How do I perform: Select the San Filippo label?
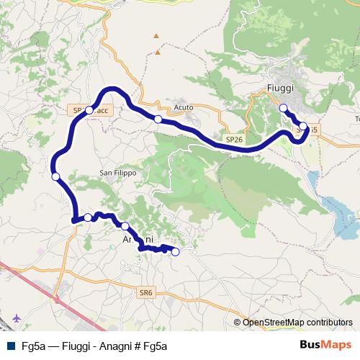point(117,173)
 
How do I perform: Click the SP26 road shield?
point(233,138)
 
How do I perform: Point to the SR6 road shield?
point(146,292)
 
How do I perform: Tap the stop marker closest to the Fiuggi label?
point(283,108)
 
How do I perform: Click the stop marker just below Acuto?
point(158,119)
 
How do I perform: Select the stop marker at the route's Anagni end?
point(175,252)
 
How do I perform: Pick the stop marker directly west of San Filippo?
point(55,176)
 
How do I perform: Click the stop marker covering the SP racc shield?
point(89,110)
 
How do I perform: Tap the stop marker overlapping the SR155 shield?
point(303,127)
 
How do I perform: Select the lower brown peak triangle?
point(157,53)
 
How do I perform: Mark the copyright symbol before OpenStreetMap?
point(238,323)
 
